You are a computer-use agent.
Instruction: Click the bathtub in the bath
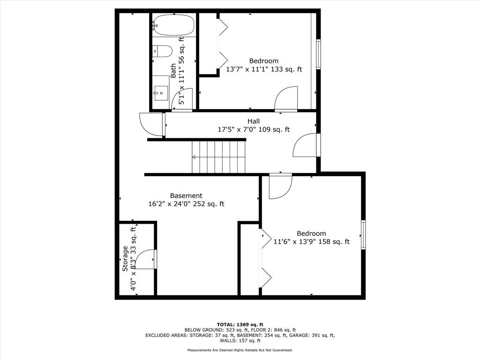[x=173, y=25]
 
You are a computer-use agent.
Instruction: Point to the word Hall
[x=254, y=121]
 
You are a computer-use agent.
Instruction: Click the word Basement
[x=186, y=195]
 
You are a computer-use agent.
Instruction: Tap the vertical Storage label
[x=125, y=259]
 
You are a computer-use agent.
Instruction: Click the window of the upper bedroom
[x=318, y=54]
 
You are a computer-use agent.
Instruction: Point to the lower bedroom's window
[x=363, y=235]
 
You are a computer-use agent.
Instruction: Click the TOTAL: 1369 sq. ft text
[x=240, y=324]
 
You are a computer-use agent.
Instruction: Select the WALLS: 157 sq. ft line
[x=240, y=340]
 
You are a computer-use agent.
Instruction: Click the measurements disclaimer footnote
[x=240, y=350]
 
